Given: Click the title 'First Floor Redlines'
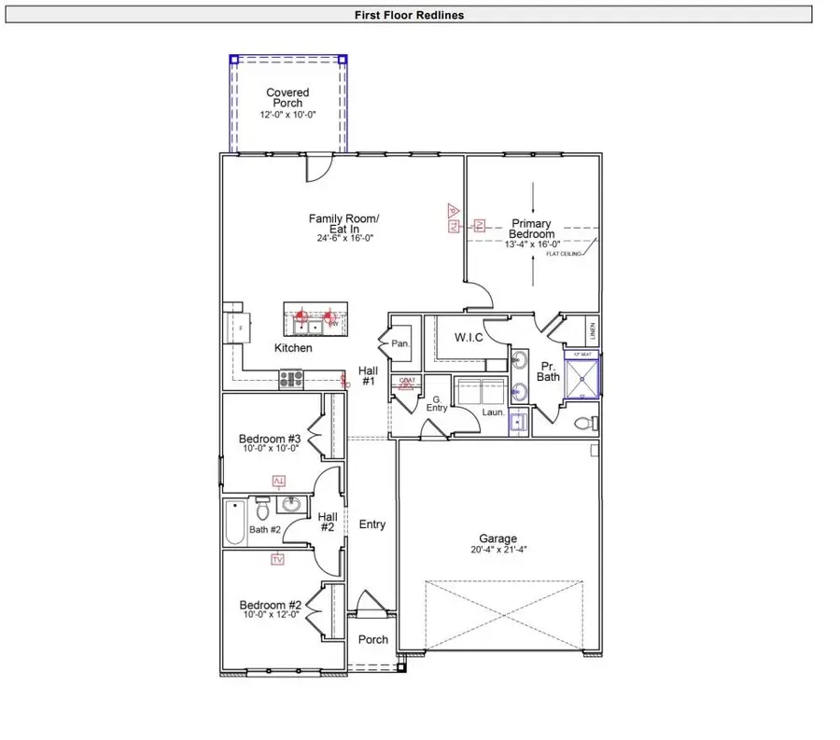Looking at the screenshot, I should point(409,15).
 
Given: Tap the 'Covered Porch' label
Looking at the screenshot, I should point(287,98).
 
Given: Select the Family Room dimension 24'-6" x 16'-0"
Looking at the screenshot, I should point(344,238).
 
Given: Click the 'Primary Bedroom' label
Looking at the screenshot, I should point(531,229).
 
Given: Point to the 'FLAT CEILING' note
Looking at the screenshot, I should point(565,253).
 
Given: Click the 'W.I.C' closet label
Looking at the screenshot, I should point(469,337).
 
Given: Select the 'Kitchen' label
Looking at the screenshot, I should point(293,348).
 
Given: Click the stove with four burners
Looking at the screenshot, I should point(292,379).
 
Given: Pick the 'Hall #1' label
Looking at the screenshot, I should point(368,376).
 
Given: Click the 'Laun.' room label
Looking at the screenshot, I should point(493,412).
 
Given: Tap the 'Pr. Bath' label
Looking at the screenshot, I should point(548,370).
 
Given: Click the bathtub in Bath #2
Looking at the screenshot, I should point(235,524).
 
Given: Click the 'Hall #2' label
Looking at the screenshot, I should point(327,522).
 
